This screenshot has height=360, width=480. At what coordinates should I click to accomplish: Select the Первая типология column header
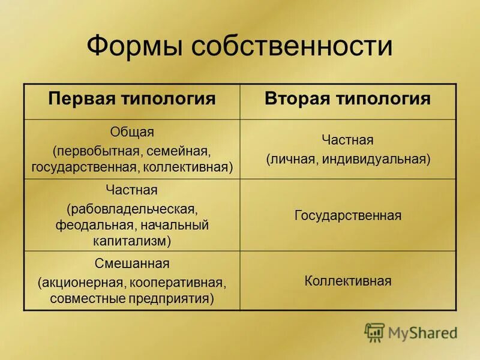(132, 99)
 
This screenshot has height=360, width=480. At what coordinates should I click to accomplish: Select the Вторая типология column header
(348, 99)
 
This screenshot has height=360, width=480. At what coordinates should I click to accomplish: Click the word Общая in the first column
(132, 132)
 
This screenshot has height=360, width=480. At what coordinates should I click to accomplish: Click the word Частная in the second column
(348, 140)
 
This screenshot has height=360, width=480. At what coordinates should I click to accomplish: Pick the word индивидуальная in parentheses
(376, 159)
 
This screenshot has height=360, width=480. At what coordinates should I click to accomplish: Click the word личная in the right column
(291, 159)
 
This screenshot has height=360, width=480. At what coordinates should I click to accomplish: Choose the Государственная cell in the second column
(348, 215)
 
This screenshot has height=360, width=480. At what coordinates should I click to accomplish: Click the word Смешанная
(132, 264)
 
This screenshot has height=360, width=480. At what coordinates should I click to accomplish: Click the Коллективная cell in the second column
(348, 281)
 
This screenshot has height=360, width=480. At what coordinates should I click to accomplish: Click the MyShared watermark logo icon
(374, 332)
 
